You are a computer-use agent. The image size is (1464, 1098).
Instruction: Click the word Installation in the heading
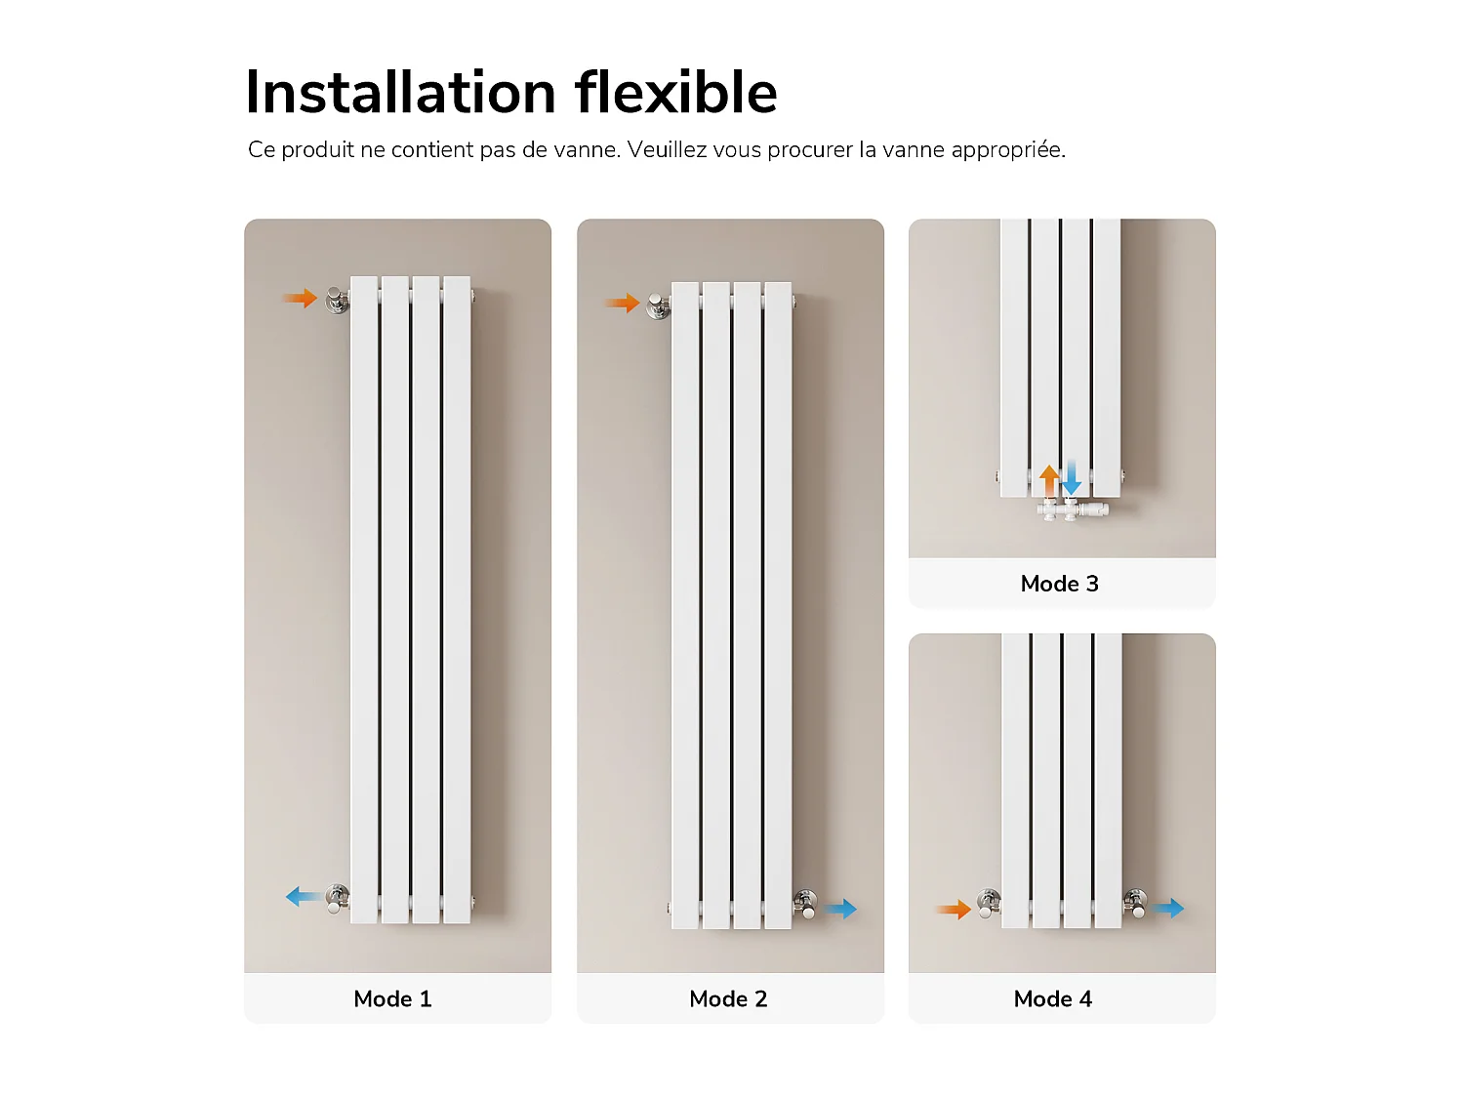[400, 92]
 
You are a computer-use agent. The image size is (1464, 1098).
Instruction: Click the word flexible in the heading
[676, 92]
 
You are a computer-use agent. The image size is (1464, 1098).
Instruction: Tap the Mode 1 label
[393, 998]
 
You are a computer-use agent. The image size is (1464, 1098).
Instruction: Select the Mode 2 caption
[728, 998]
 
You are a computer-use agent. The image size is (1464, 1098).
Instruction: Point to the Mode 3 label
[1059, 584]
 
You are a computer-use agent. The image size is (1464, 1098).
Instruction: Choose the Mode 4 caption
[1052, 998]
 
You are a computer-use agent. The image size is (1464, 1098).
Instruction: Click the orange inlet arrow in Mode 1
[300, 298]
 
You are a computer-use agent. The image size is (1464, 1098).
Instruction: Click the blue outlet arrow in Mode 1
[304, 897]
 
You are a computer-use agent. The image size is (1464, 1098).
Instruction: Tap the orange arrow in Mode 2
[623, 304]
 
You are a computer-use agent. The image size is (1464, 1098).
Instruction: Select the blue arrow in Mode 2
[840, 909]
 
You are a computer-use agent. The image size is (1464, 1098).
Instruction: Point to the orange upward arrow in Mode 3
[1050, 480]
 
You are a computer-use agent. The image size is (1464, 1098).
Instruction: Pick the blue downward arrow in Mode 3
[1071, 477]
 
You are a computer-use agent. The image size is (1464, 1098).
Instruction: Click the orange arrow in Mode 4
[954, 910]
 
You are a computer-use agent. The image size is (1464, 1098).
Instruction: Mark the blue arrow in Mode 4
[1167, 908]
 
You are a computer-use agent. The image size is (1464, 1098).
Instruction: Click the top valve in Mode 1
[338, 300]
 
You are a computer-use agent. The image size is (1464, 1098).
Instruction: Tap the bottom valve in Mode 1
[338, 897]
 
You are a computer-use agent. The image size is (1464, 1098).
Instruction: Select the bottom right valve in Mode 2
[805, 904]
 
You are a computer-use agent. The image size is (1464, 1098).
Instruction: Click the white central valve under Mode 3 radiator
[1071, 510]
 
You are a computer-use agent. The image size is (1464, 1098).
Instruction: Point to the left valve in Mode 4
[989, 904]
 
